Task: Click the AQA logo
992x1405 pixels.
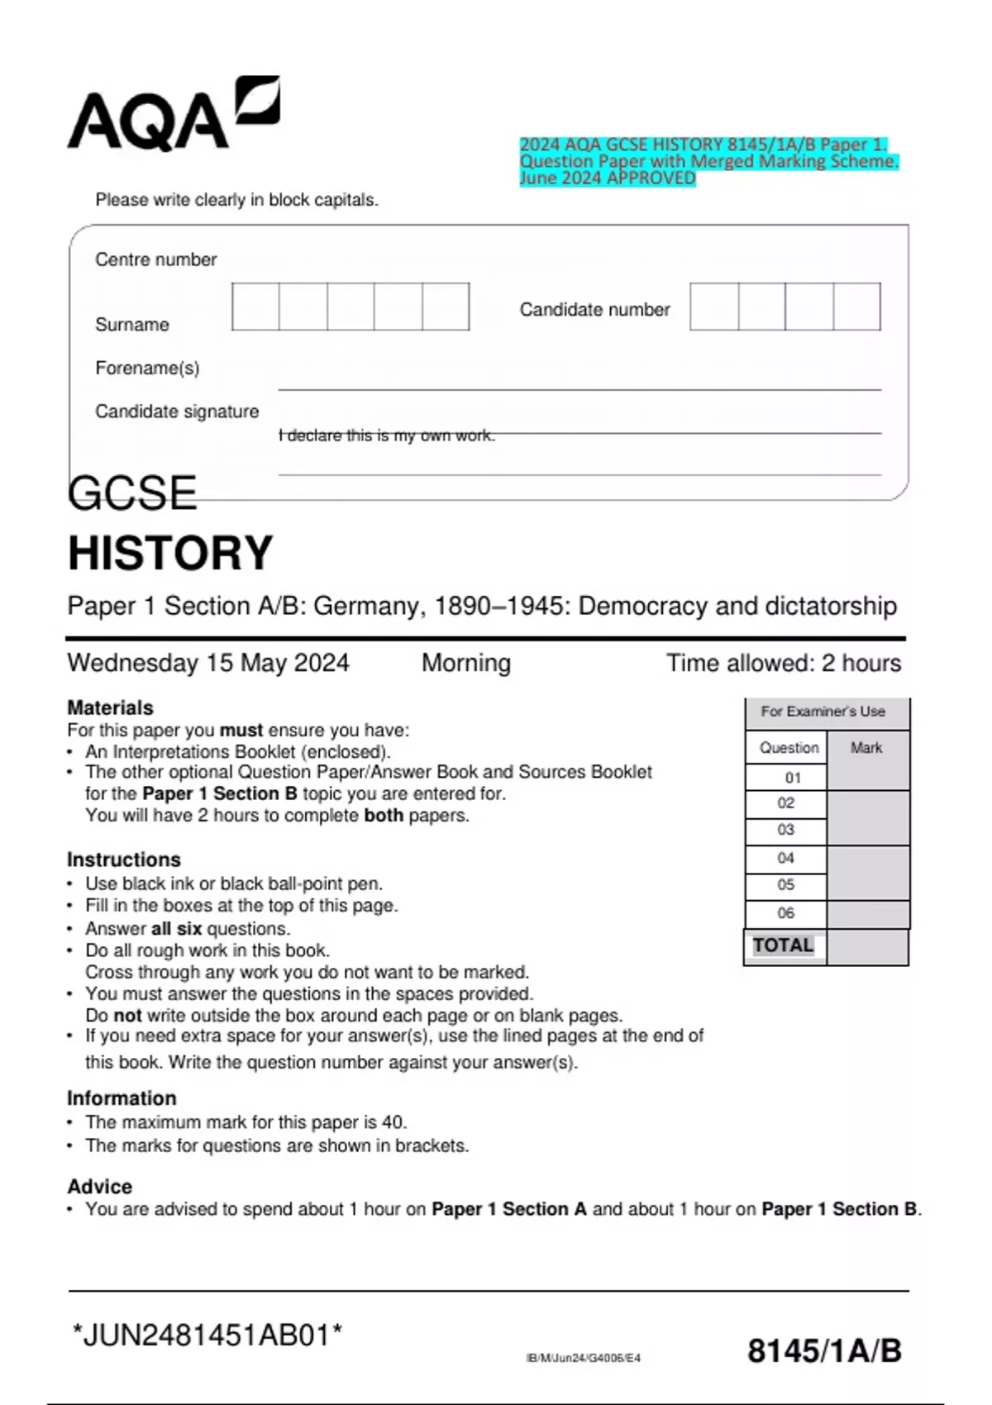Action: (x=174, y=115)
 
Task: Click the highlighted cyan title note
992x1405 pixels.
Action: (x=708, y=161)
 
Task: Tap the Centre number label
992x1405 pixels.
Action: (x=155, y=260)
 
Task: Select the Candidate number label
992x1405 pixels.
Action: (x=594, y=310)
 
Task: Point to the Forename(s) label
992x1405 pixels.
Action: (x=147, y=368)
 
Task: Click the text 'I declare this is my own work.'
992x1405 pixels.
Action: (x=387, y=436)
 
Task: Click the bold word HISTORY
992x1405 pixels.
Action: (x=170, y=553)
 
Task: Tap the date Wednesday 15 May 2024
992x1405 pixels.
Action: (x=208, y=663)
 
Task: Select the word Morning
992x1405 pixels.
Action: (x=466, y=663)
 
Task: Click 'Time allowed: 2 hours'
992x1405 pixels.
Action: (x=784, y=663)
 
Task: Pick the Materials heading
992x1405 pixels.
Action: (x=110, y=707)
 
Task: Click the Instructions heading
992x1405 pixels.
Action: (x=123, y=860)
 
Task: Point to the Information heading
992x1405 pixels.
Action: (x=122, y=1098)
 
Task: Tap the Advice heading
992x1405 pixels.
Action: (x=99, y=1187)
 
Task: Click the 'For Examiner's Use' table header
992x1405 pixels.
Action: (x=823, y=712)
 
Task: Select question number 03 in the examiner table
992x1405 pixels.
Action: (x=785, y=830)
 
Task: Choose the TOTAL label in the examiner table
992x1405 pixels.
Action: (x=783, y=945)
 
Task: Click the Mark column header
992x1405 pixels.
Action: (x=866, y=748)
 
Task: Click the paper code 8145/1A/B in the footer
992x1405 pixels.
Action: (x=824, y=1351)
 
